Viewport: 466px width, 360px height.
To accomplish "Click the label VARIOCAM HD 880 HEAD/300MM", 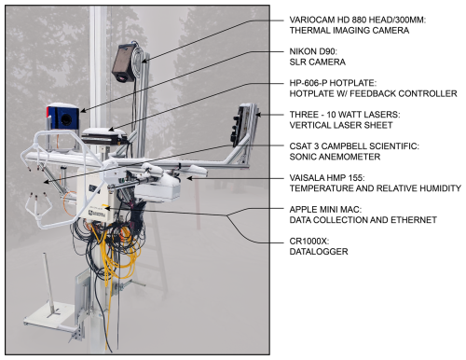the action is pyautogui.click(x=358, y=21).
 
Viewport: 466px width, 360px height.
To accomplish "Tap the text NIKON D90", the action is pyautogui.click(x=313, y=51).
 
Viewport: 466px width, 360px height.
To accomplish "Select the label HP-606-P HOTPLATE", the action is pyautogui.click(x=333, y=83).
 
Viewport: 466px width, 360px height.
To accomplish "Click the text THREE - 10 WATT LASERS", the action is pyautogui.click(x=345, y=115).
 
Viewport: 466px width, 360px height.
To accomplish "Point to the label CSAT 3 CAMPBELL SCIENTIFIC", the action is pyautogui.click(x=354, y=146).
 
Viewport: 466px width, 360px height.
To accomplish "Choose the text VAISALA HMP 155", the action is pyautogui.click(x=327, y=178).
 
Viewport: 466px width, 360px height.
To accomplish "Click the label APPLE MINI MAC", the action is pyautogui.click(x=325, y=210).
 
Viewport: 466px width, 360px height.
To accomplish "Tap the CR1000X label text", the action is pyautogui.click(x=309, y=242).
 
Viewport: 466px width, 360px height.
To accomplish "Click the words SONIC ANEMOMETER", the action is pyautogui.click(x=335, y=157).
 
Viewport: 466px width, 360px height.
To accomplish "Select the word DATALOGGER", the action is pyautogui.click(x=319, y=252).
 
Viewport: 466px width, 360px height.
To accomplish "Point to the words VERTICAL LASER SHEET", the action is pyautogui.click(x=341, y=125).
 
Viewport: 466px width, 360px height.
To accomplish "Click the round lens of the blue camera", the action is pyautogui.click(x=66, y=119).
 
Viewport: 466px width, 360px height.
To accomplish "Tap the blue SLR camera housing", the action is pyautogui.click(x=62, y=117).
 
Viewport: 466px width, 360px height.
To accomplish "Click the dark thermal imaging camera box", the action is pyautogui.click(x=124, y=63).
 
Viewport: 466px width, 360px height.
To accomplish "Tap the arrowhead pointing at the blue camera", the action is pyautogui.click(x=83, y=110).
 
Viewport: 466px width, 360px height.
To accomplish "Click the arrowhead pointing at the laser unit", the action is pyautogui.click(x=258, y=115).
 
